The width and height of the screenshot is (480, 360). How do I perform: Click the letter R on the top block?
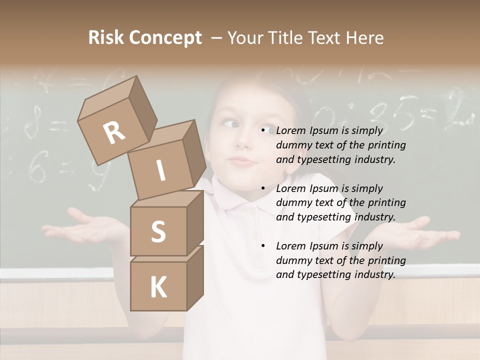[x=114, y=132]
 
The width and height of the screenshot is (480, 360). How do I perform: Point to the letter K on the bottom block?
[x=158, y=287]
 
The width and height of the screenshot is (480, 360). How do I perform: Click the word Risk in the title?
[x=106, y=38]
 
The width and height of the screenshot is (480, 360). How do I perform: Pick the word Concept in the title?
[x=165, y=38]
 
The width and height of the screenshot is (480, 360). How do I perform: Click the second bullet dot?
[x=263, y=188]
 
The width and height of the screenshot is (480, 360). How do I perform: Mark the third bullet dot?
[x=263, y=246]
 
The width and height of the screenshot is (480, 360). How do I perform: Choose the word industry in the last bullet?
[x=372, y=274]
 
